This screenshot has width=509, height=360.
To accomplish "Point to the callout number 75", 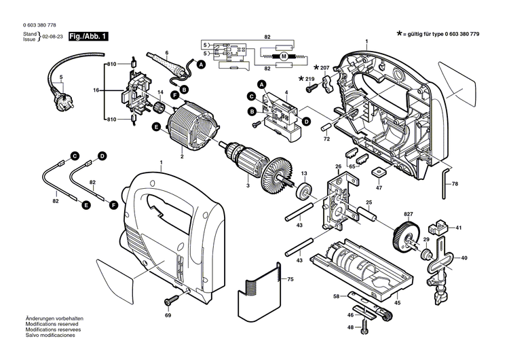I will click(x=290, y=278).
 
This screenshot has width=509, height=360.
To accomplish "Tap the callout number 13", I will click(x=304, y=174).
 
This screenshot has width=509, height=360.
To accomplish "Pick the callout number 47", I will click(x=379, y=187).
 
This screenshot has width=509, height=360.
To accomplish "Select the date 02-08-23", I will click(x=54, y=37).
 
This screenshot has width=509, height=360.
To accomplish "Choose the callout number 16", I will click(x=96, y=90).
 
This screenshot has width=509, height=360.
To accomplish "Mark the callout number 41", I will click(x=458, y=228).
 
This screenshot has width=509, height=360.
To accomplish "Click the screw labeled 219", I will click(x=311, y=79).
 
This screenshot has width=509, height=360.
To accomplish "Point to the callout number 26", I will click(x=338, y=166).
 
